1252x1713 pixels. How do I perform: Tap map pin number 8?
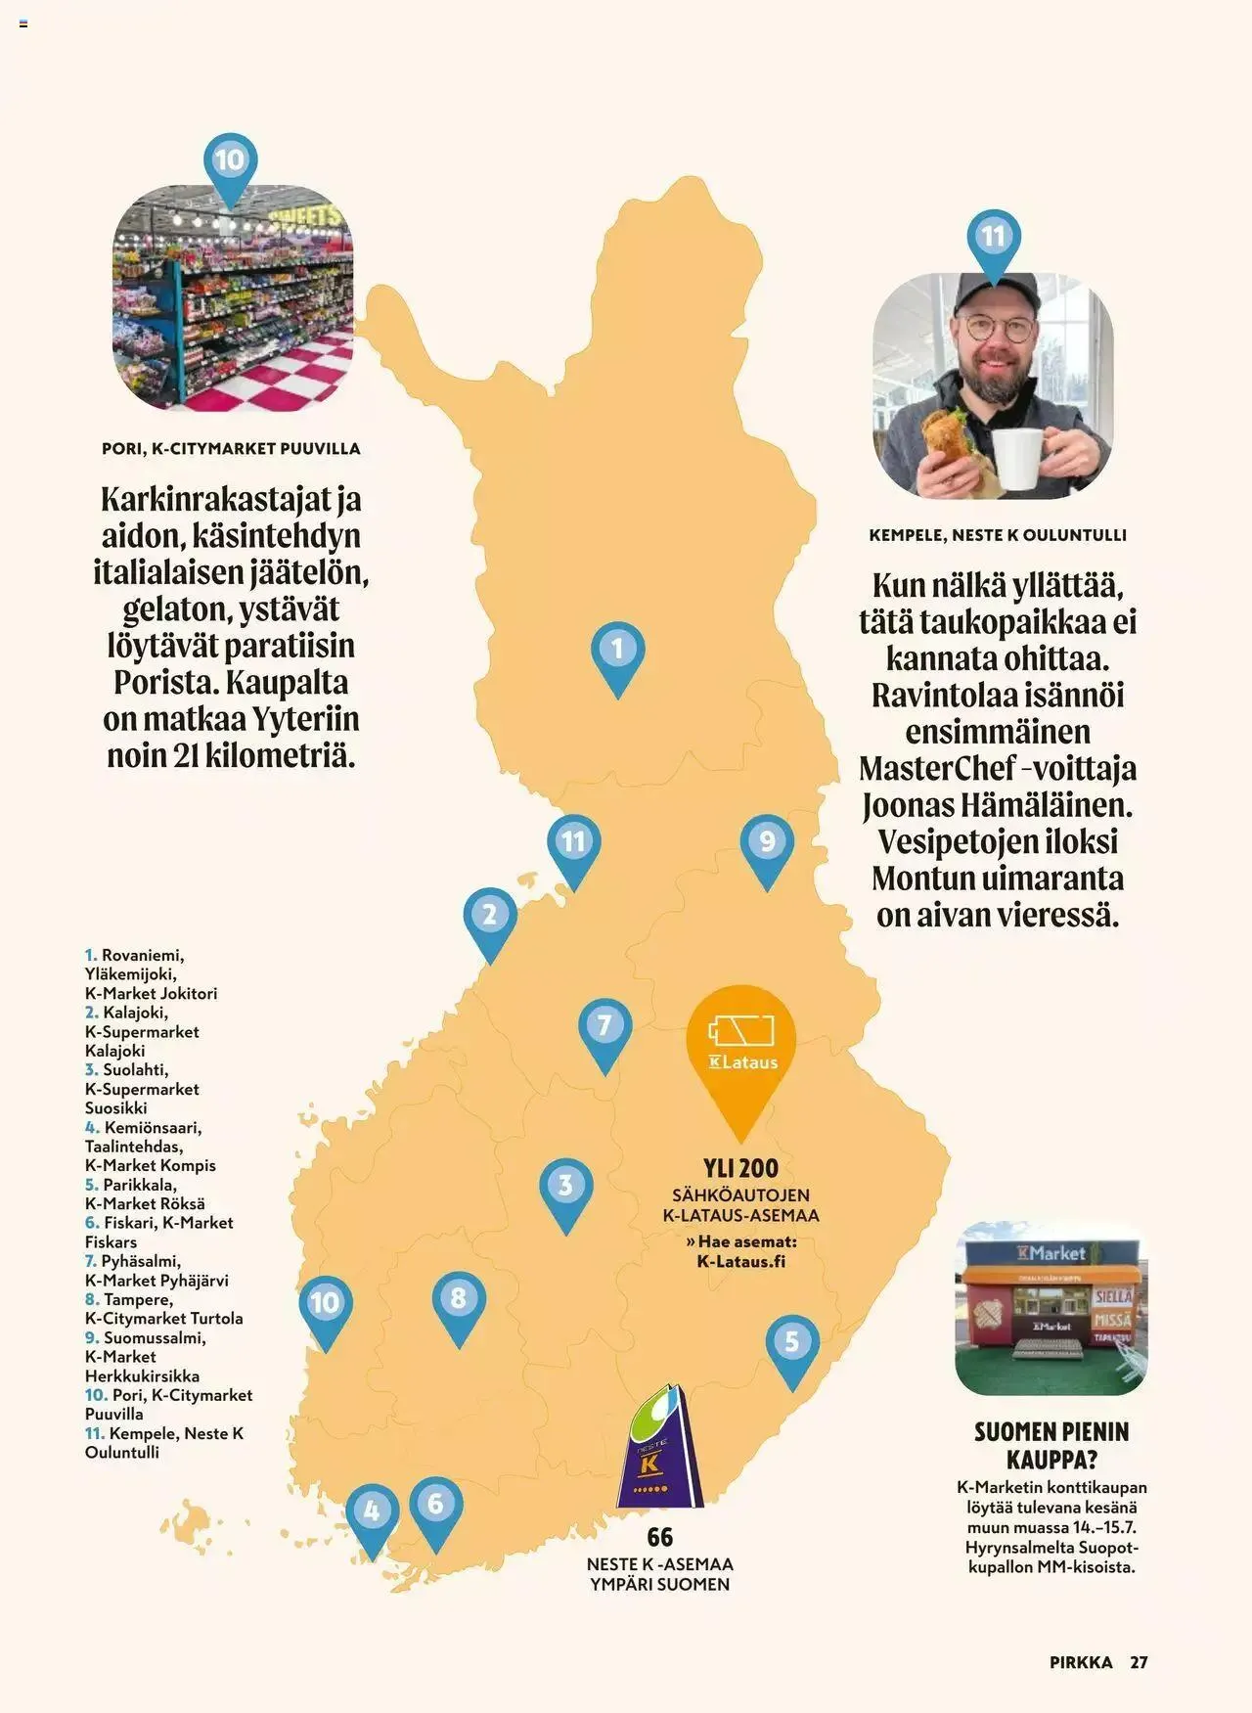point(459,1301)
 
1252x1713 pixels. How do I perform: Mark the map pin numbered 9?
point(767,843)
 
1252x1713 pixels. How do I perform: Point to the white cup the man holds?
point(1017,458)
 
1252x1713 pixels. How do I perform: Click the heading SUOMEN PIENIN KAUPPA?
point(1051,1446)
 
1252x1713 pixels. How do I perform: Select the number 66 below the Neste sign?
point(660,1537)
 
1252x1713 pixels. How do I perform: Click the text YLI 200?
point(740,1168)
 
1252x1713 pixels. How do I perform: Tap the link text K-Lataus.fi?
point(741,1261)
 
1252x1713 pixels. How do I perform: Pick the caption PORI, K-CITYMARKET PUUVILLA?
point(231,449)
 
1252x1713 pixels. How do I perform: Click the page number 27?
point(1139,1662)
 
